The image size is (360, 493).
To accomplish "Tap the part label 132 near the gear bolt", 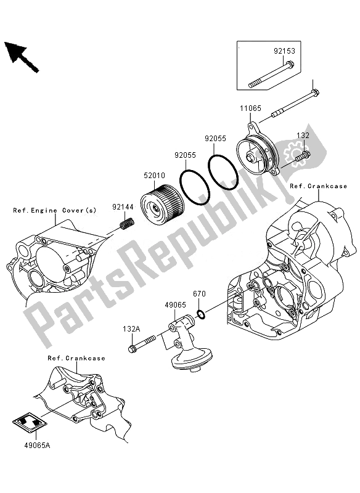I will tap(303, 135).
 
